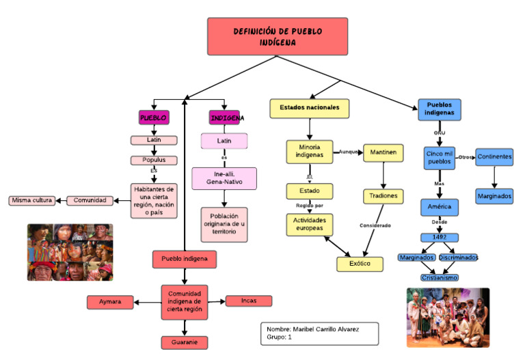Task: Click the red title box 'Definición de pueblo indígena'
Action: pos(278,37)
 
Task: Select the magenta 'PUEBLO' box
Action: pos(154,117)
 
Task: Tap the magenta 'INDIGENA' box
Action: pos(225,117)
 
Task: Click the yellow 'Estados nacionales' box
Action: pos(310,108)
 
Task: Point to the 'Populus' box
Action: pos(154,161)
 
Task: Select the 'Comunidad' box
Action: pos(90,200)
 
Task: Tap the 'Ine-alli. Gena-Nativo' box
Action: pos(224,178)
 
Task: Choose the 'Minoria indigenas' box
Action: pos(309,152)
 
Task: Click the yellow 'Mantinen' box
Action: pos(383,152)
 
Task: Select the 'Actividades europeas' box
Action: pos(310,225)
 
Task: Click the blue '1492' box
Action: pos(439,238)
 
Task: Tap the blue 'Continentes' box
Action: pos(494,157)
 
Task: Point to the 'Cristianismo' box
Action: pos(439,278)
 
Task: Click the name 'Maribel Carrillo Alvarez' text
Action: pos(321,329)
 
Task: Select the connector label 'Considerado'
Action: pos(375,225)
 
